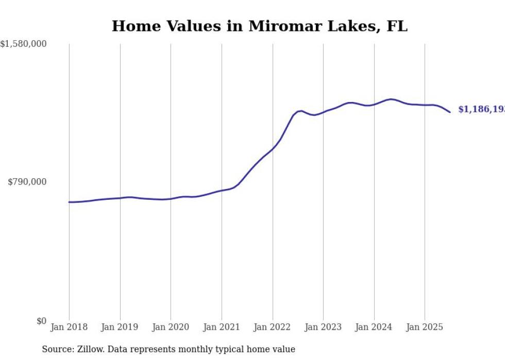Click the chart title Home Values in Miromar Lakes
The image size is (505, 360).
click(259, 26)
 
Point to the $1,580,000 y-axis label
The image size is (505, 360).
click(23, 44)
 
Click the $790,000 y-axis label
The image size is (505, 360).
click(27, 182)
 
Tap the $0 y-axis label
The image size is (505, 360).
click(41, 321)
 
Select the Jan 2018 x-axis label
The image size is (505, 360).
click(69, 327)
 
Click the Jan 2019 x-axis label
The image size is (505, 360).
click(120, 327)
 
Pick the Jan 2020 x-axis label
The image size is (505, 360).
click(171, 327)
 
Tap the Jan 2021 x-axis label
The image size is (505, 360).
click(222, 327)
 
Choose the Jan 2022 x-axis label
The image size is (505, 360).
click(273, 327)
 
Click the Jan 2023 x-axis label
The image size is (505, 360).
click(323, 327)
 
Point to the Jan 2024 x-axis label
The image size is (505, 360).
click(374, 327)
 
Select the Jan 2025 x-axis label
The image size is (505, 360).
click(425, 327)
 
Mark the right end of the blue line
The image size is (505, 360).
click(450, 112)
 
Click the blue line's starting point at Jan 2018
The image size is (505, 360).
click(69, 202)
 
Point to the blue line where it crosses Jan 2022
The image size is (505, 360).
click(273, 149)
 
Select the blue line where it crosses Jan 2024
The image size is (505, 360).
click(374, 104)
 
